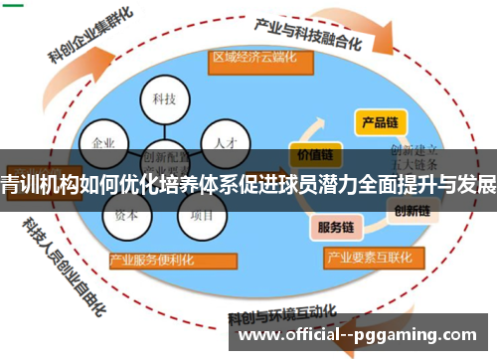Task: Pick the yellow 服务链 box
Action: [x=336, y=227]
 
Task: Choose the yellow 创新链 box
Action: [x=412, y=211]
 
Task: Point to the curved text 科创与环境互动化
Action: [x=283, y=320]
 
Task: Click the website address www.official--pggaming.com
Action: [x=359, y=336]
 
